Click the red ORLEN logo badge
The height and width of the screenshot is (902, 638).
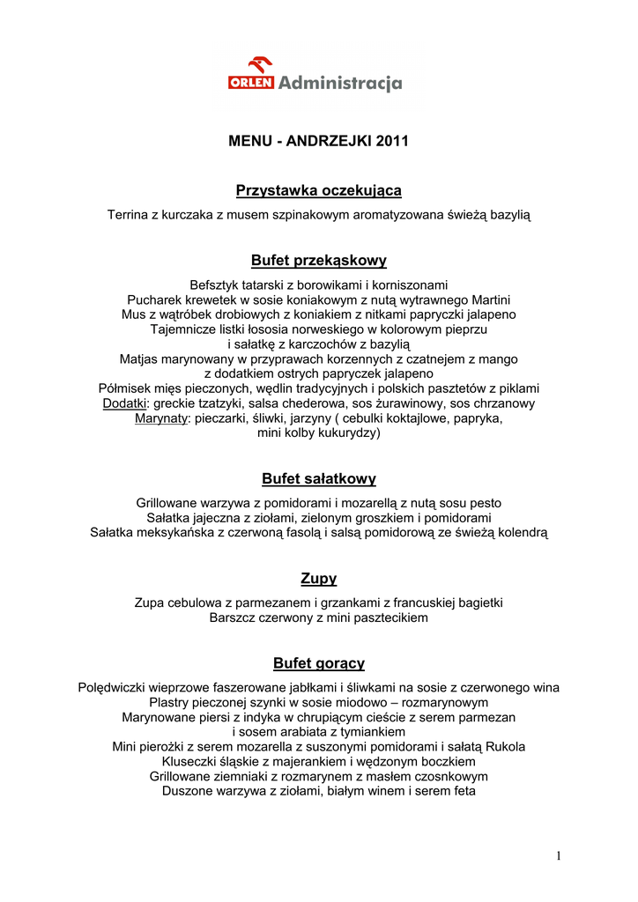coord(252,83)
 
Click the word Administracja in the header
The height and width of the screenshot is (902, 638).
coord(340,84)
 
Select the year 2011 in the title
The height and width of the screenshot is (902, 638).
coord(392,141)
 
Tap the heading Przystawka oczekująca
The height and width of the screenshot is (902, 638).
coord(319,191)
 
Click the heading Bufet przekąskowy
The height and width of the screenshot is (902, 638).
coord(319,261)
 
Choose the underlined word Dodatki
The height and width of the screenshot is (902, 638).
coord(124,403)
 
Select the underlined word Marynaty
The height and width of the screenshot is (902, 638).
coord(160,418)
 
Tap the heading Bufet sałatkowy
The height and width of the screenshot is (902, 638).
coord(319,479)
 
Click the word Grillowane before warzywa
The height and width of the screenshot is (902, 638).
coord(167,503)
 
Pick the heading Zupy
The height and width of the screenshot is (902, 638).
coord(319,579)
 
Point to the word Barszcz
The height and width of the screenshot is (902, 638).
coord(233,618)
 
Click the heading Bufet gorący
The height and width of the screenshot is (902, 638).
coord(319,663)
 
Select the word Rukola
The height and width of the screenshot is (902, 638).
coord(506,747)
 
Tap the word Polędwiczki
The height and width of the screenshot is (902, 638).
coord(114,688)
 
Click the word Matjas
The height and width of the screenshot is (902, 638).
coord(139,359)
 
